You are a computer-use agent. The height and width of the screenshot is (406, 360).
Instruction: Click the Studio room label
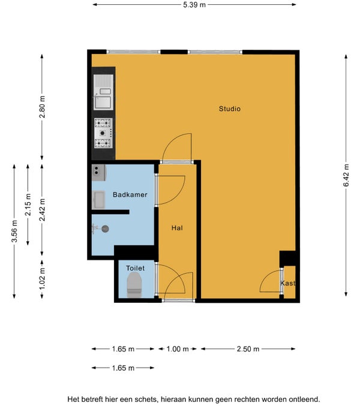click(229, 109)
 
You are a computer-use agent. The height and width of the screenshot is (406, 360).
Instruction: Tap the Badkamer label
click(130, 195)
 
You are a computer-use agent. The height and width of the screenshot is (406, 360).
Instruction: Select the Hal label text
click(177, 228)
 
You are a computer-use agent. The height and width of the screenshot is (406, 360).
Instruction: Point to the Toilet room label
click(135, 268)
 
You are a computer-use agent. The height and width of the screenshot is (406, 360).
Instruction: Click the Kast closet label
click(288, 283)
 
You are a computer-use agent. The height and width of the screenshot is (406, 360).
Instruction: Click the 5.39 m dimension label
click(194, 5)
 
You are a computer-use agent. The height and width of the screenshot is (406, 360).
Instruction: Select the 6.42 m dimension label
click(346, 175)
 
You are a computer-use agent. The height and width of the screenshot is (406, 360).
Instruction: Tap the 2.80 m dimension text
click(42, 107)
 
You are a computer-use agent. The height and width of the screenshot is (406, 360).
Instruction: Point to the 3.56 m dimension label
click(14, 231)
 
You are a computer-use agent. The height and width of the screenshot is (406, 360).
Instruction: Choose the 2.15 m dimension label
click(28, 204)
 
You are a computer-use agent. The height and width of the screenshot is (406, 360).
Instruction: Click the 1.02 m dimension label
click(42, 279)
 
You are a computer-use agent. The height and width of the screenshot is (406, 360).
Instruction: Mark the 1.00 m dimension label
click(178, 349)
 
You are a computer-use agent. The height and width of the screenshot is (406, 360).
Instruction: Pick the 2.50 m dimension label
click(248, 349)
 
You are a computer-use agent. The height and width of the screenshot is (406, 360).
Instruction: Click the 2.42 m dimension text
click(42, 210)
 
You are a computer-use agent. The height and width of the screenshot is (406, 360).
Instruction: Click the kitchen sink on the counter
click(103, 92)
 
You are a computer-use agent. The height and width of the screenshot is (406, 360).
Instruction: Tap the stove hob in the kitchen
click(103, 133)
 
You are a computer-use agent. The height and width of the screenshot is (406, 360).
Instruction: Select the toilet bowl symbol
click(134, 285)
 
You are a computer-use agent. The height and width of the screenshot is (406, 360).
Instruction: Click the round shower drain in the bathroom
click(105, 228)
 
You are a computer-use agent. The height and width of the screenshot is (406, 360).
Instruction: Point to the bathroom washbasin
click(98, 200)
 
